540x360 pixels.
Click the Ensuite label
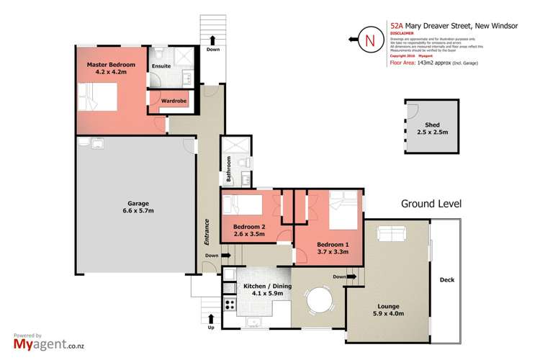tap(161, 66)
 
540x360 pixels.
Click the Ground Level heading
tap(431, 204)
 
